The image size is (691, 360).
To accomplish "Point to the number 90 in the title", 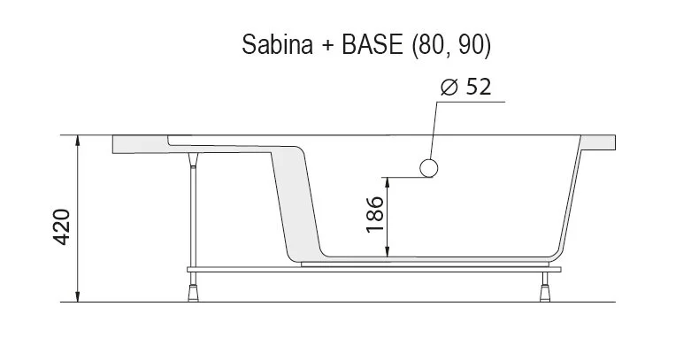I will pyautogui.click(x=472, y=46).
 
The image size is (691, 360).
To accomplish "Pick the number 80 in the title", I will pyautogui.click(x=428, y=46).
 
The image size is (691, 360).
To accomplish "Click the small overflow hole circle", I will pyautogui.click(x=429, y=167).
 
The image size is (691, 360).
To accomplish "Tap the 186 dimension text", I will pyautogui.click(x=375, y=214).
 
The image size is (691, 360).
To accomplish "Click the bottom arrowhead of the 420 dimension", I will pyautogui.click(x=81, y=296).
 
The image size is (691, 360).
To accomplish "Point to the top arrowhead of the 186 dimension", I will pyautogui.click(x=389, y=182).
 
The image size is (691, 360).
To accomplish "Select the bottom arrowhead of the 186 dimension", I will pyautogui.click(x=389, y=252).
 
